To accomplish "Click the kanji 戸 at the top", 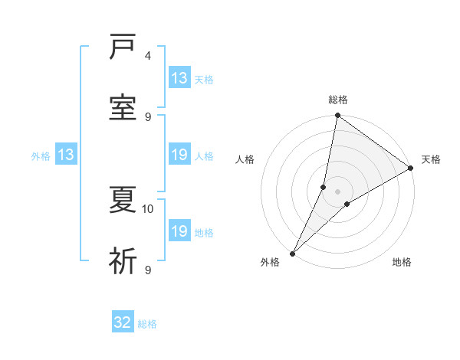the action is point(123,48).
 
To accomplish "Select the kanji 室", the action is point(123,108).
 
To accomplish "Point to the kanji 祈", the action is point(123,261).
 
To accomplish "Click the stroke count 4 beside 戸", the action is point(148,56).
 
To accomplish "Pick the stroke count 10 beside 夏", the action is point(148,208).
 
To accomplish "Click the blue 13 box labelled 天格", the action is point(179,78).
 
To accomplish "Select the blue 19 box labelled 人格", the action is point(179,155).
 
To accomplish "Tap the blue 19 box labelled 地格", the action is point(179,231).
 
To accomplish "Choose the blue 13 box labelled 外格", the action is point(66,155).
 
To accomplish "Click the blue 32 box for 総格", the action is point(123,322).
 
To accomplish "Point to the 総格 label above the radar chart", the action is point(338,100).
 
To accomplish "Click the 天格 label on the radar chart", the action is point(431,159).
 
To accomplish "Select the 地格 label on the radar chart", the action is point(402,263).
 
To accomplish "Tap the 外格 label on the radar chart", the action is point(270,263).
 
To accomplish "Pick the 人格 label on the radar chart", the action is point(245,159).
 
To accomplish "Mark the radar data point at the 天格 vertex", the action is point(411,169).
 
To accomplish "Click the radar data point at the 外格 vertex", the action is point(292,254).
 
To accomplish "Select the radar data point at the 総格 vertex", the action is point(338,116).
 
